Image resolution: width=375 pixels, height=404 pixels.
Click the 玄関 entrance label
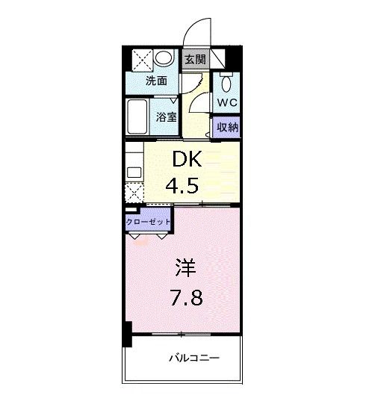tap(194, 60)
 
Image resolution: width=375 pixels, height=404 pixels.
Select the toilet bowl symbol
tap(226, 81)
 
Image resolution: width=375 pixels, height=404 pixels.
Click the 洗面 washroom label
tap(155, 81)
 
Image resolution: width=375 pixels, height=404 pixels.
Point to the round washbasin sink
tap(167, 59)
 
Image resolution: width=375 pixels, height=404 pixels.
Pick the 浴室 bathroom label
tap(165, 116)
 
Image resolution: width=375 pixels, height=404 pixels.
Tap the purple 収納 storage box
tap(227, 127)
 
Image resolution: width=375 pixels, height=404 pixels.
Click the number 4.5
tap(182, 185)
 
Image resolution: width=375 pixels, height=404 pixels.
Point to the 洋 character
tap(187, 268)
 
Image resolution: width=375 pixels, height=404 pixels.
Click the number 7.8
tap(187, 299)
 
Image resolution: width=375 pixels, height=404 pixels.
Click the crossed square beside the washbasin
tap(142, 59)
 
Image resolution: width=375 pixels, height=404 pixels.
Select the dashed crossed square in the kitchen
tap(134, 193)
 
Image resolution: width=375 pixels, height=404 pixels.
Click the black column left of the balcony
tap(128, 334)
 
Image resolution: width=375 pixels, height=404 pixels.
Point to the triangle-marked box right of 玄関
tap(218, 59)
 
